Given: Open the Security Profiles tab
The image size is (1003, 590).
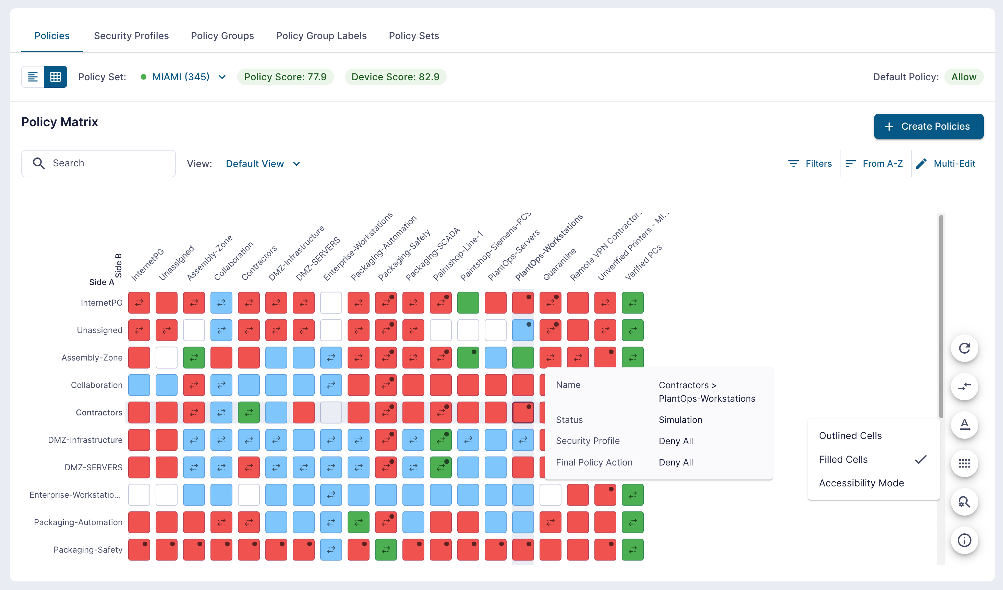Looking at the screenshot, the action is coord(131,36).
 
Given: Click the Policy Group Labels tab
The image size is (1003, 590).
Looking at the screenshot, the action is coord(321,36).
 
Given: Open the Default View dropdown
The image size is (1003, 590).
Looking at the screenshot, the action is coord(263,164).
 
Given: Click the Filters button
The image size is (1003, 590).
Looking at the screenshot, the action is coord(810,164).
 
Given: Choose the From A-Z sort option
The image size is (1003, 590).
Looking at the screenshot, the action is coord(874,164).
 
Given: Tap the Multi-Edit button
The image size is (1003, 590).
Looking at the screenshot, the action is coord(946,164).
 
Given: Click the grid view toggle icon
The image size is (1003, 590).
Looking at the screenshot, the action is coord(55,77).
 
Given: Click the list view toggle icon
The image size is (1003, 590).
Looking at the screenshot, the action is coord(33,77).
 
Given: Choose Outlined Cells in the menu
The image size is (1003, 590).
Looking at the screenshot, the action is coord(850,436).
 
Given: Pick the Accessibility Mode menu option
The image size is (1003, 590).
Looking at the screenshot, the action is coord(861,483).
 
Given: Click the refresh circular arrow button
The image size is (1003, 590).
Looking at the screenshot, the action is coord(964,348).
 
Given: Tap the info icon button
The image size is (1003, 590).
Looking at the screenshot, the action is coord(964,540).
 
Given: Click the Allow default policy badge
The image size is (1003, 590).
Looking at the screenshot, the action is coord(964,77).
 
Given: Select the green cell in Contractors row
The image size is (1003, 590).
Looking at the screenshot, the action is coord(249,412).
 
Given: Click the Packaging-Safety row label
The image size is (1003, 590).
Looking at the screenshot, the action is coord(88,550).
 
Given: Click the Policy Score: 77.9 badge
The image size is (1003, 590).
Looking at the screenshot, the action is coord(286,77).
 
